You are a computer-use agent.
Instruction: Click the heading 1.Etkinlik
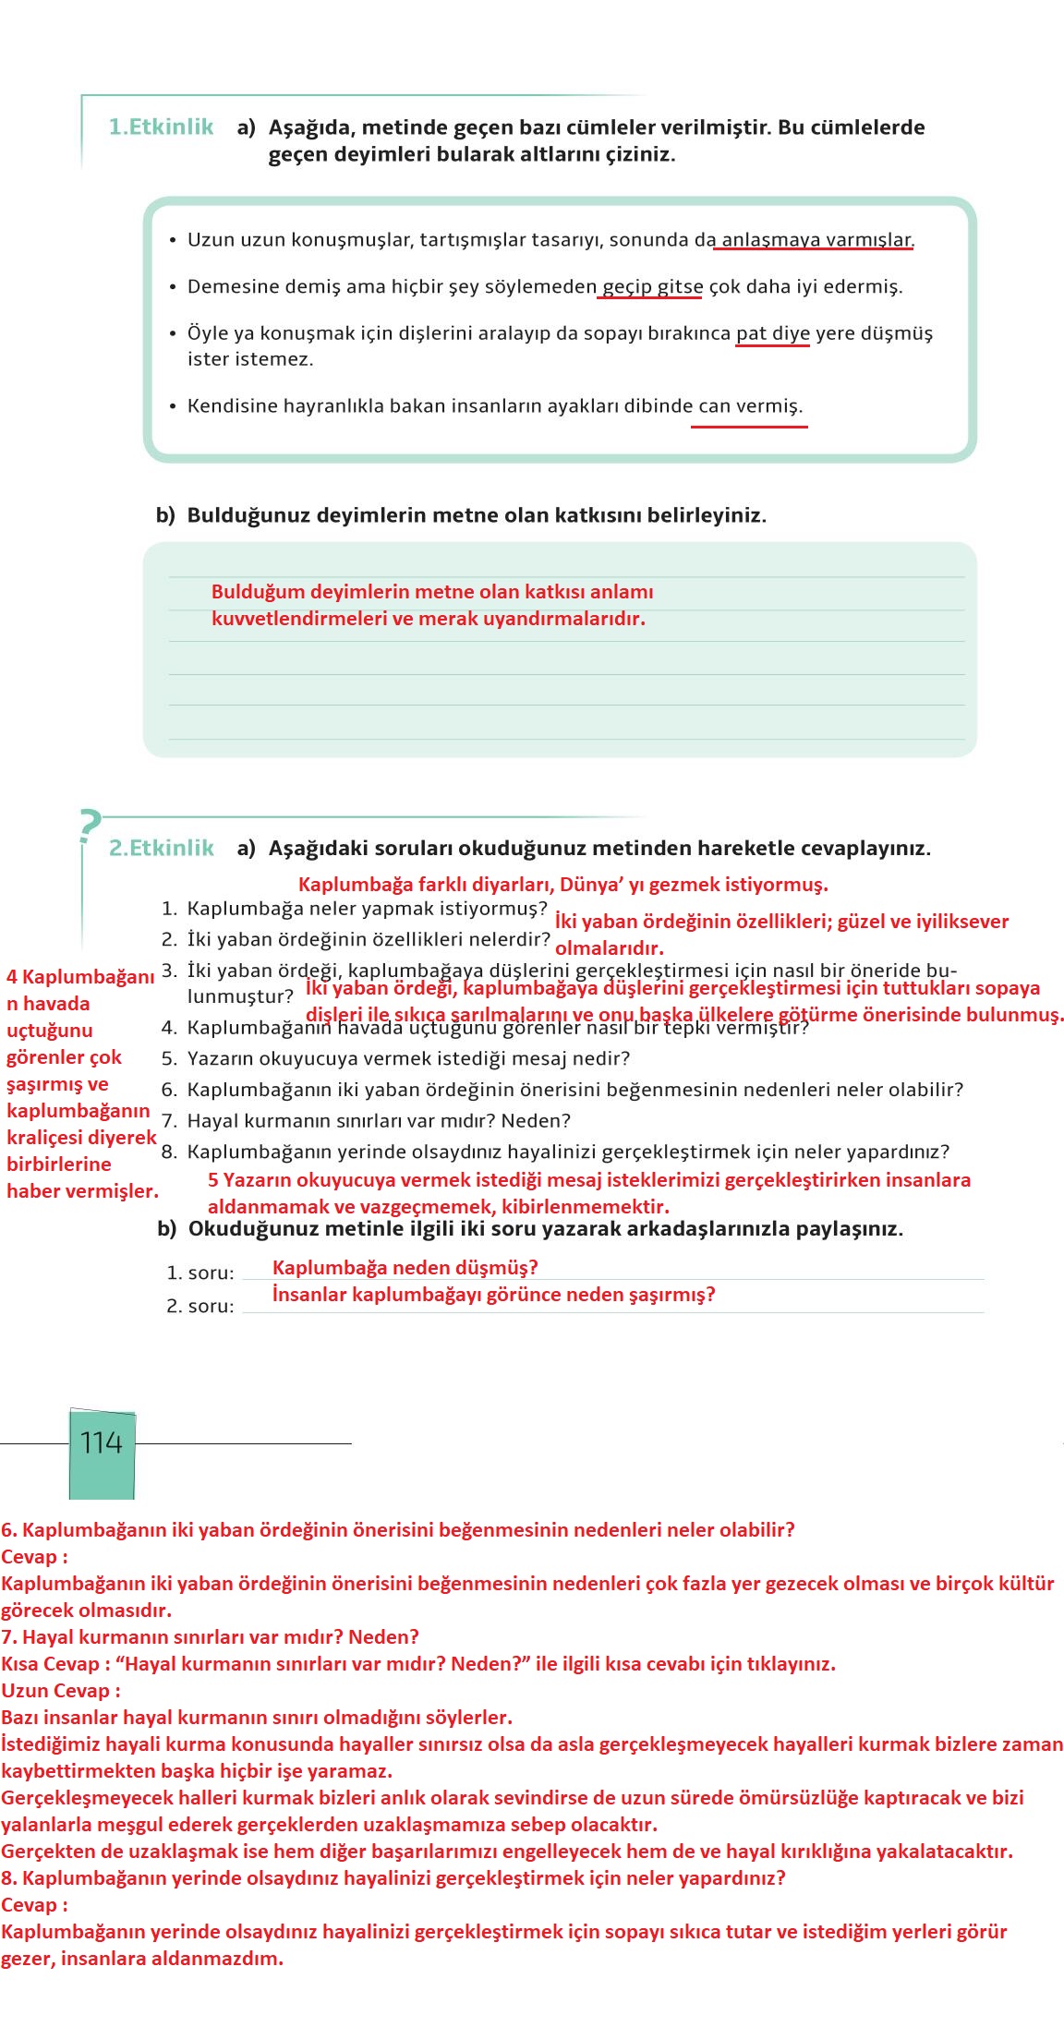click(161, 127)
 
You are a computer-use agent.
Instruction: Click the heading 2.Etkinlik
click(161, 848)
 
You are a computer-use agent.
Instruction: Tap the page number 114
click(102, 1442)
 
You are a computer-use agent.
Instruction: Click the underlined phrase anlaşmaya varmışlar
click(816, 240)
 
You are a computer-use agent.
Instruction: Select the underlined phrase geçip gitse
click(652, 286)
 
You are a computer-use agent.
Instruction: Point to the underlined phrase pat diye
click(773, 333)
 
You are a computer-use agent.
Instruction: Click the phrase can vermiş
click(750, 406)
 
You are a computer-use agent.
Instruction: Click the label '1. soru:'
click(200, 1273)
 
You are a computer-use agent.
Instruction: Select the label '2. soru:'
click(200, 1307)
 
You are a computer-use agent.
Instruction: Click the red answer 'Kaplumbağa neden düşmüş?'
click(405, 1268)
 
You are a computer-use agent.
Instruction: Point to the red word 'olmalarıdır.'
click(610, 948)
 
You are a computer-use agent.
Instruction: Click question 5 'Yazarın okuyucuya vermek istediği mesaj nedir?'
click(408, 1058)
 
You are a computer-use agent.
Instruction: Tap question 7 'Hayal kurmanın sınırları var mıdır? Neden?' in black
click(379, 1121)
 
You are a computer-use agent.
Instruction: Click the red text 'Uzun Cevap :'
click(61, 1691)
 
